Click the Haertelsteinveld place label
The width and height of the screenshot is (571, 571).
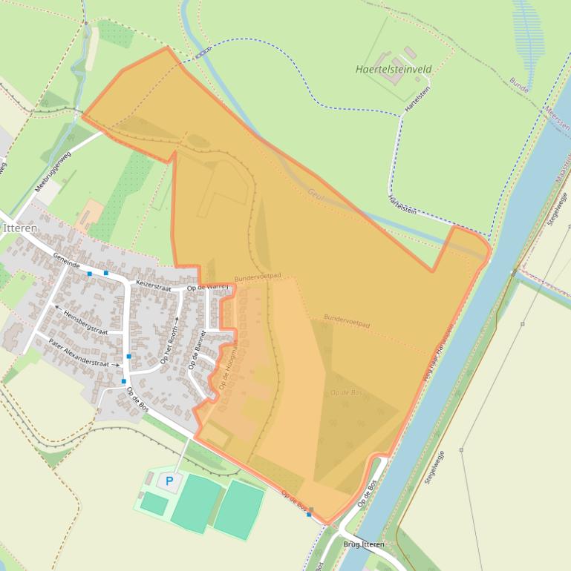point(394,70)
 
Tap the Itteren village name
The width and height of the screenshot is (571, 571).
point(20,228)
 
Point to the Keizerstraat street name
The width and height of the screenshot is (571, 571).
point(154,287)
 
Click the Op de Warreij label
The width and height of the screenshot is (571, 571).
point(206,287)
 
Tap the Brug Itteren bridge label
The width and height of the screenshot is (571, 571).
point(364,544)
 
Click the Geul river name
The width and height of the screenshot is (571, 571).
point(316,194)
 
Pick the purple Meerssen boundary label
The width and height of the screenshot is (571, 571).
point(556,115)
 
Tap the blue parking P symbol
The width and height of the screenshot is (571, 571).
point(169,481)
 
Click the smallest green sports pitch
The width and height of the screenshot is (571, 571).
point(154,504)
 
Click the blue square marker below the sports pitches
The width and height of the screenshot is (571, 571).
point(309,514)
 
